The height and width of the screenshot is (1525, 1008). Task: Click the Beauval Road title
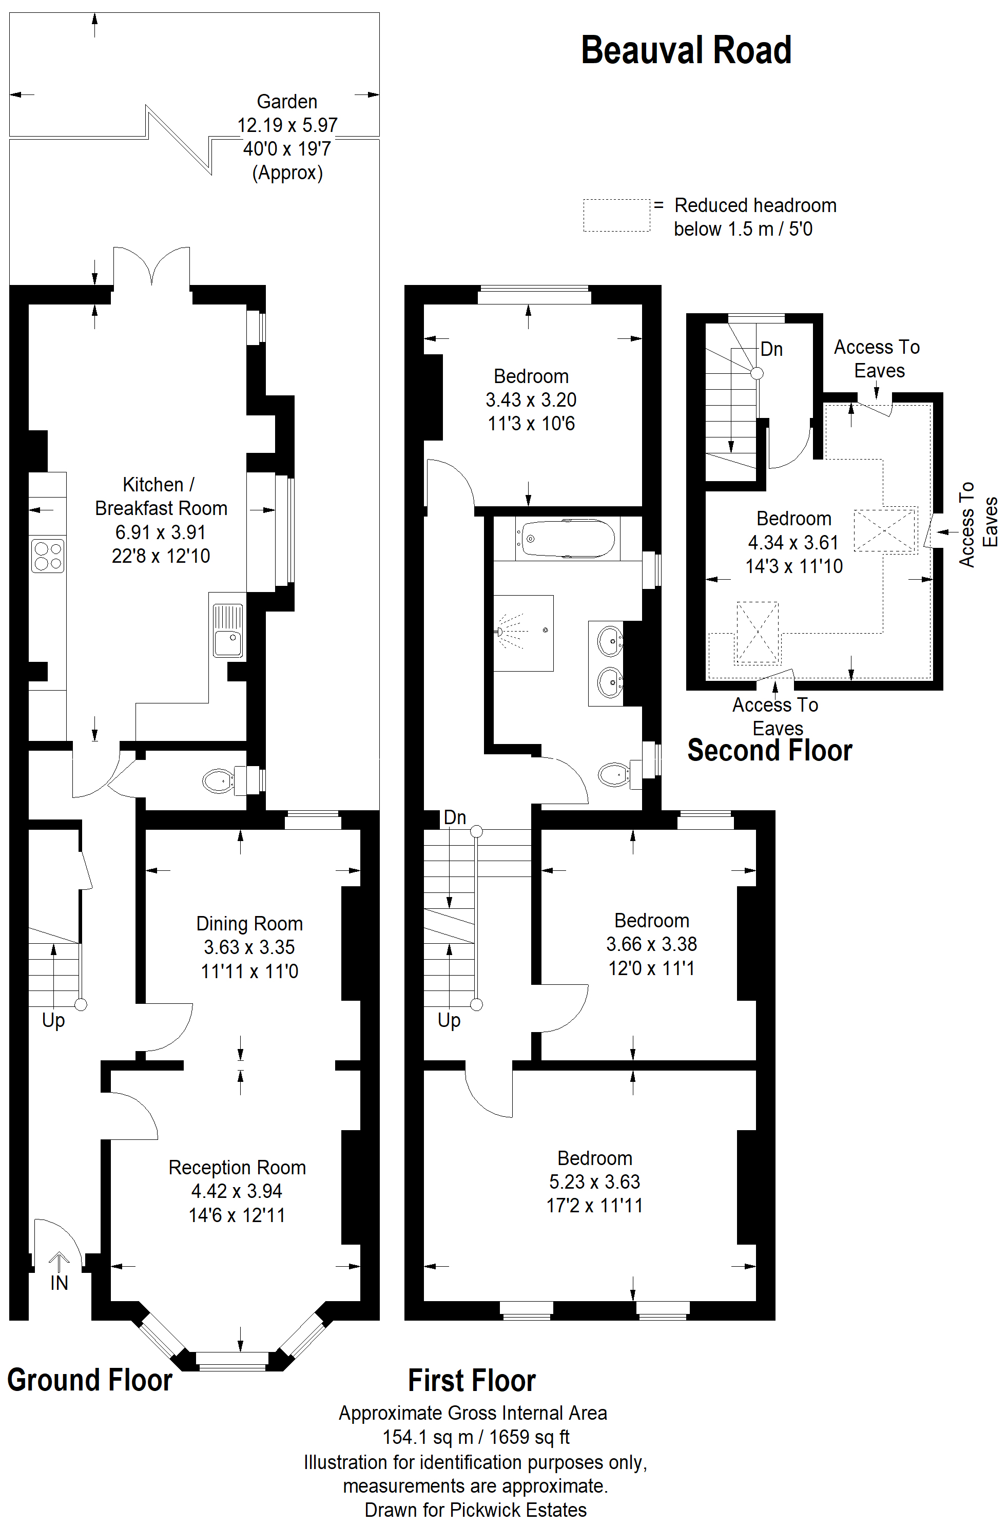(x=686, y=50)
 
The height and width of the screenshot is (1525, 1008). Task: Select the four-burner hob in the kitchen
(x=48, y=555)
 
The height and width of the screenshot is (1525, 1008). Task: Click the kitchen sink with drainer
(x=227, y=631)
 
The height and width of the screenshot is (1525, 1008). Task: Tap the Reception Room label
(x=237, y=1168)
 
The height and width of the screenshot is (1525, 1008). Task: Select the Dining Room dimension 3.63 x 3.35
(x=249, y=947)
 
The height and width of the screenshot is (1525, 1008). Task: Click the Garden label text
(x=287, y=102)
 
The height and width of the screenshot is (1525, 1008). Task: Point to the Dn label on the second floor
(x=771, y=349)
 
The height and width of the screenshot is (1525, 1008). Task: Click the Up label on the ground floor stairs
(x=53, y=1021)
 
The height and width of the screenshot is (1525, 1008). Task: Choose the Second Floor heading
(x=769, y=751)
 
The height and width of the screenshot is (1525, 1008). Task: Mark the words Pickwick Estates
(x=518, y=1510)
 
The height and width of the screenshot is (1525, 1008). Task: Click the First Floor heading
(x=472, y=1381)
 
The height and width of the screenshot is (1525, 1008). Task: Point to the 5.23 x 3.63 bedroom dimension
(x=595, y=1181)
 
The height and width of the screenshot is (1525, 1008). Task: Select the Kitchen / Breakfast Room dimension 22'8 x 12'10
(x=161, y=556)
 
